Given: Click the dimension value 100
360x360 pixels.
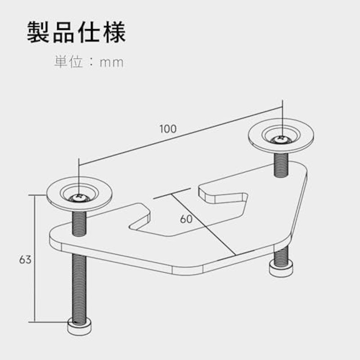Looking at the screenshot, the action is (168, 129).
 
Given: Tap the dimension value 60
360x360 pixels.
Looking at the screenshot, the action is (186, 219).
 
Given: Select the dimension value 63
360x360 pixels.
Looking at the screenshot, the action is (25, 260).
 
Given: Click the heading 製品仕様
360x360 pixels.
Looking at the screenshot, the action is (76, 32).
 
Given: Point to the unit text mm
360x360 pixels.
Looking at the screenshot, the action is (112, 63).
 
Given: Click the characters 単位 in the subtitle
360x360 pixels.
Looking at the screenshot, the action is (68, 62).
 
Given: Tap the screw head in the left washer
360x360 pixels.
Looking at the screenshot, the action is (79, 198).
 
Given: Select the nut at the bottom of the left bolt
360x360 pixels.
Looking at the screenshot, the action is (80, 326).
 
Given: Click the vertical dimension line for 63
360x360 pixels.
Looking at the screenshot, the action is (35, 258).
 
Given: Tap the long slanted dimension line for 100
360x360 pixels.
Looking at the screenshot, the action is (180, 136).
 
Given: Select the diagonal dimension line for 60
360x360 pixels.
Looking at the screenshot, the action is (204, 225).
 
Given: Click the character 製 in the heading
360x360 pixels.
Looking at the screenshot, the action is (38, 32).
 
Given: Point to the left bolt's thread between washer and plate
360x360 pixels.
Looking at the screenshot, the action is (79, 223).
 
